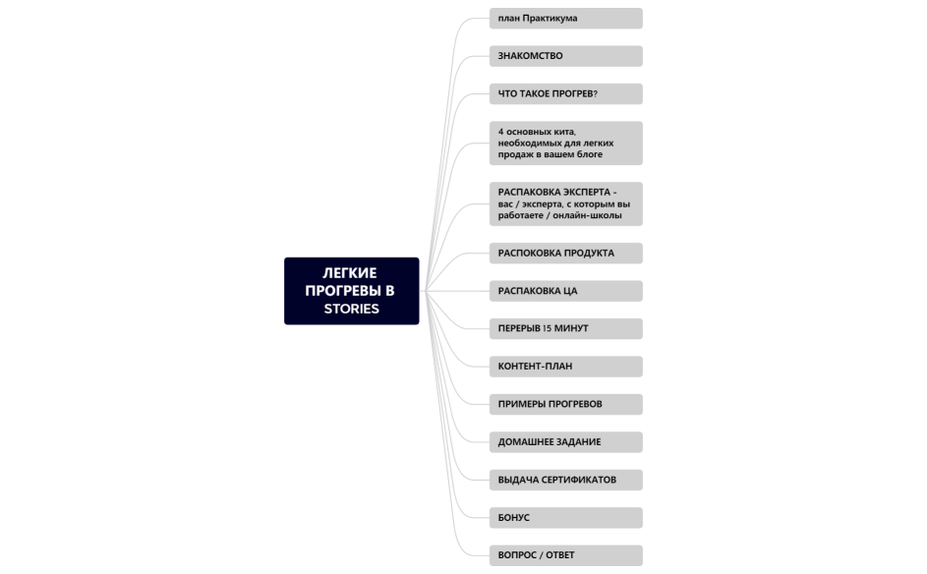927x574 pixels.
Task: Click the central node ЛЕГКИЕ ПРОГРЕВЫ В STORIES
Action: coord(351,291)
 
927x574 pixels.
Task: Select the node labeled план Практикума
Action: coord(565,19)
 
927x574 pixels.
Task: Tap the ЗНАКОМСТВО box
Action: coord(565,56)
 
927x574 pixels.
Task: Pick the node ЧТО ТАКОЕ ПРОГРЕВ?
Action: coord(565,94)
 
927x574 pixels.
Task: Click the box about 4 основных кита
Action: coord(565,143)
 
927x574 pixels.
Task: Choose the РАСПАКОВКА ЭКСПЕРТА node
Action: coord(565,203)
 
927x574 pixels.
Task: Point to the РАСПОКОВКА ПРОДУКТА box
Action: coord(565,254)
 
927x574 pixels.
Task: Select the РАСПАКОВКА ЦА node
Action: coord(565,291)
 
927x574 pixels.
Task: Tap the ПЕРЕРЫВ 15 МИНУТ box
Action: coord(565,328)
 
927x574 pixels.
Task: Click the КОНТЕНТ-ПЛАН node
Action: coord(565,367)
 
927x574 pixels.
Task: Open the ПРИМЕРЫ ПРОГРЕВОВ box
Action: coord(565,404)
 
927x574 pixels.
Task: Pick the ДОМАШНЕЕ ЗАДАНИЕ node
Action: coord(565,442)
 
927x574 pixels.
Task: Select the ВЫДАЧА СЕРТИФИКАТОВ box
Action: coord(565,480)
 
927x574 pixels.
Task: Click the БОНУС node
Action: coord(565,518)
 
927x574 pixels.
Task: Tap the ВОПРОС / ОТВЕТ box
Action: coord(565,555)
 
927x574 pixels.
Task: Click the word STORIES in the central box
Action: coord(351,309)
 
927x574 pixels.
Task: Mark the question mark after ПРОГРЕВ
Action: coord(595,94)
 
